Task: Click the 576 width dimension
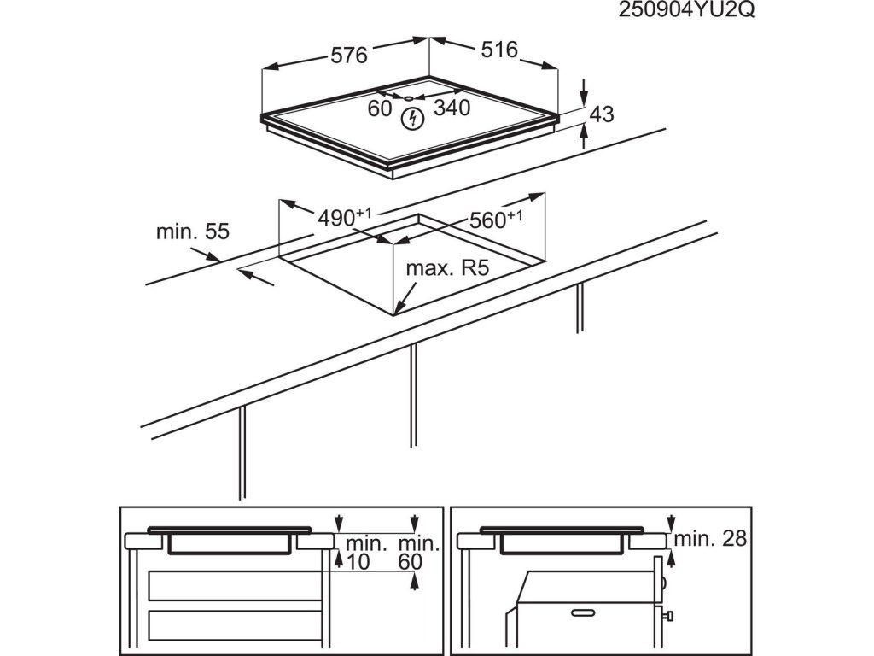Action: coord(348,56)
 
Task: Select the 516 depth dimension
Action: coord(499,50)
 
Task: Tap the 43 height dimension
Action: coord(602,114)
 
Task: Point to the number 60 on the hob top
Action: coord(380,108)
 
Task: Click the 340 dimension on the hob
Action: coord(452,108)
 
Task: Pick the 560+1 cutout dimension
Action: coord(495,220)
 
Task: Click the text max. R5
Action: coord(446,269)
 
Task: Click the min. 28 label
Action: coord(710,539)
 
